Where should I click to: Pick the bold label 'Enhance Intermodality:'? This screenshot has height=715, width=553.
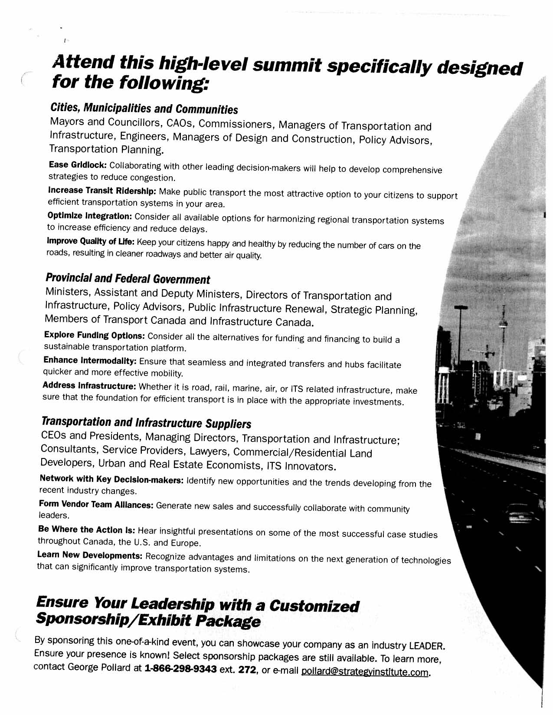90,360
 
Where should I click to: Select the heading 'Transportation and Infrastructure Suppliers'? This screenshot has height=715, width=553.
146,422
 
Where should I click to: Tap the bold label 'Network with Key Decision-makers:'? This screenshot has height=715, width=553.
111,479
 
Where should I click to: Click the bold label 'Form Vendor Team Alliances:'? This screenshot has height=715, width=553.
96,504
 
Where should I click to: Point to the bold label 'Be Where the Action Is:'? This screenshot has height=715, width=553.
87,530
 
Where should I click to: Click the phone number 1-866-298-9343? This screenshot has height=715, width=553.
180,668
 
